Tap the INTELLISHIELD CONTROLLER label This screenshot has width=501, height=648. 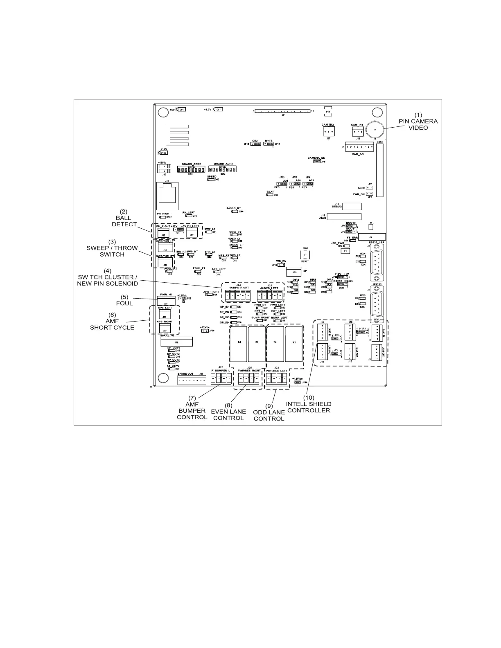(x=309, y=404)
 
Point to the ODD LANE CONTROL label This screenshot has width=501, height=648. (x=269, y=412)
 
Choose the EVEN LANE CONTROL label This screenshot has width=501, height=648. (x=228, y=412)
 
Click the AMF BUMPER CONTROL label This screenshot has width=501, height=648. (x=192, y=410)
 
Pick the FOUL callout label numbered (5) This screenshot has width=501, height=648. (x=124, y=300)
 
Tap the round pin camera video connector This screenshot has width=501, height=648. (x=375, y=130)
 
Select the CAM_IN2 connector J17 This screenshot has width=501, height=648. (x=328, y=131)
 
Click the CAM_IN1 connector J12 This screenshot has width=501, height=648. (x=357, y=131)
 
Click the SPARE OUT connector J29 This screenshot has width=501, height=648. (x=192, y=380)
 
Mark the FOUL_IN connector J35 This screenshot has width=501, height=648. (x=166, y=300)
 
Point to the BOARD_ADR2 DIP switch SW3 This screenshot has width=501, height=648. (x=191, y=169)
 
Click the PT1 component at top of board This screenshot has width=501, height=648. (x=328, y=111)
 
